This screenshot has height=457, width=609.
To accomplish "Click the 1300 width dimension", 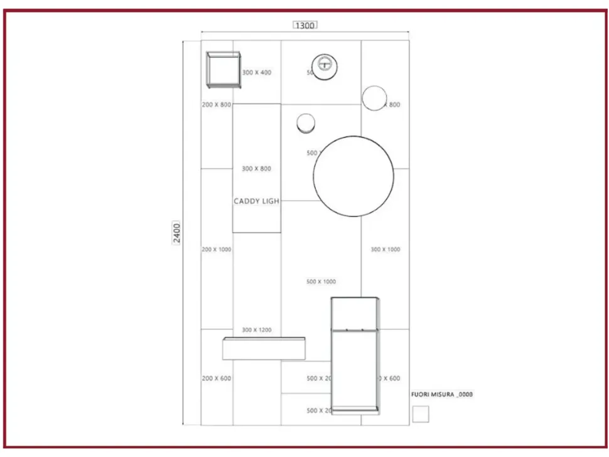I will [x=304, y=25].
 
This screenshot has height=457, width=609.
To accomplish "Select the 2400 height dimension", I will [x=177, y=233].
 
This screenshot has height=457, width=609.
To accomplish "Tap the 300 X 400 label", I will [x=257, y=73].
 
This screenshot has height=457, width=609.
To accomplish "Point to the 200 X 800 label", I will [x=216, y=105].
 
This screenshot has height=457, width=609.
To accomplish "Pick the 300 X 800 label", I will [x=257, y=169].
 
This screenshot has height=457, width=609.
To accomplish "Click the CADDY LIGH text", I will [x=256, y=202].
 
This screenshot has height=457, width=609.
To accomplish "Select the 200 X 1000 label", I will [x=216, y=250].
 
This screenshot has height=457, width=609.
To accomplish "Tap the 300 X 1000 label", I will [x=385, y=250].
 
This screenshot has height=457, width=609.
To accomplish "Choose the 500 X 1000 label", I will [x=321, y=282].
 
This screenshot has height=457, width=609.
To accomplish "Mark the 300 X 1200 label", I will [x=257, y=330].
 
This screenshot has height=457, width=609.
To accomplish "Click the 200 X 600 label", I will [x=216, y=379].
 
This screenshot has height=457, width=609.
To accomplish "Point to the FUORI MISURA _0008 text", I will [x=441, y=395].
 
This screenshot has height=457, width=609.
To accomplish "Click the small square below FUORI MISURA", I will [x=421, y=414].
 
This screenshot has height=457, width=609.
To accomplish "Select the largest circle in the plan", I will [x=353, y=176].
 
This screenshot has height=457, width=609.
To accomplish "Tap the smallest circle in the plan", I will [x=306, y=124].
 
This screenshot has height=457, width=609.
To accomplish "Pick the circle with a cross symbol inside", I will [x=325, y=65].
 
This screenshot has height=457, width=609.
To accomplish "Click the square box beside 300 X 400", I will [x=224, y=70].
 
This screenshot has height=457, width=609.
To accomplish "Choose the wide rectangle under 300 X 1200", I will [x=264, y=349].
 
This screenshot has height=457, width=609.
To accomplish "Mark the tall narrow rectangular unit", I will [x=355, y=355].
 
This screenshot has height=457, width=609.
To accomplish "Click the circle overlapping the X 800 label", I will [x=374, y=98].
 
